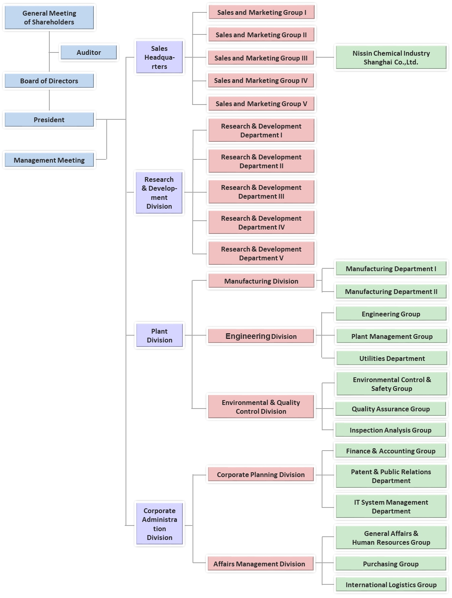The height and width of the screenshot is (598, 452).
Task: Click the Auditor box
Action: point(89,52)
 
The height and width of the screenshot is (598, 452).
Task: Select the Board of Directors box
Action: point(49,81)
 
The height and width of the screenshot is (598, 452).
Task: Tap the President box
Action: point(49,120)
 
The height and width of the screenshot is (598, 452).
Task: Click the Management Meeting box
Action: point(49,160)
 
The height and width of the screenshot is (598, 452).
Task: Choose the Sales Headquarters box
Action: point(159,57)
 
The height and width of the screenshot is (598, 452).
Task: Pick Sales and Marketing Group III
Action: point(261,58)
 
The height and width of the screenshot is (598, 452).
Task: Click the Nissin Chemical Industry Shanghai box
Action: point(391,58)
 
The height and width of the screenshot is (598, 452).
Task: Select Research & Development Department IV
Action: point(261,223)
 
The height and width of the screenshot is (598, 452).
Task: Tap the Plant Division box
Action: point(159,336)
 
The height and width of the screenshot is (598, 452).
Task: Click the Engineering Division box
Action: point(261,336)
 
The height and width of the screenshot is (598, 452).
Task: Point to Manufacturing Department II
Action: point(391,292)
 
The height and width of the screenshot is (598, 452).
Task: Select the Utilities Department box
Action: point(391,358)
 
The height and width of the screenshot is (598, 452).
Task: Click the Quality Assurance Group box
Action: point(390,409)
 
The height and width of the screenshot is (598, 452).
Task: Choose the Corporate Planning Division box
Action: point(261,475)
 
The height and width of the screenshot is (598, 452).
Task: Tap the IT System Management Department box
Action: point(391,507)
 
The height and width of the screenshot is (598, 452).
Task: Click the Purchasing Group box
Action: point(390,564)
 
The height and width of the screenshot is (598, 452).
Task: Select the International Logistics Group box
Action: point(391,585)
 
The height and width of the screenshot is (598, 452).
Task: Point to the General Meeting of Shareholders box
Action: point(49,18)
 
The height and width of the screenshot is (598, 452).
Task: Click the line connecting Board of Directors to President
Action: point(49,100)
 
